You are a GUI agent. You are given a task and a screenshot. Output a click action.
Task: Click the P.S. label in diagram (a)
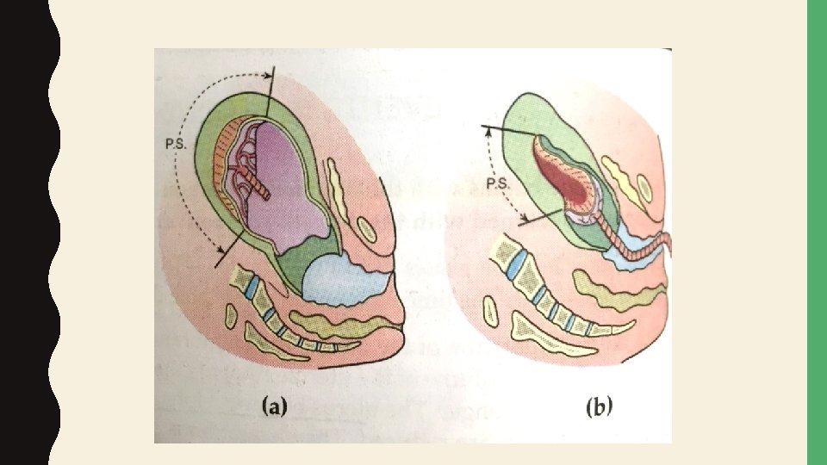177,144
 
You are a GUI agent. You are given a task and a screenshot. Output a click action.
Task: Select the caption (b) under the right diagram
598,407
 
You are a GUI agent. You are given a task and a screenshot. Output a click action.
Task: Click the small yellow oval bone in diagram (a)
365,230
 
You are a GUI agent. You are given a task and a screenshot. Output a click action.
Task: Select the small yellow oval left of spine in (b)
492,311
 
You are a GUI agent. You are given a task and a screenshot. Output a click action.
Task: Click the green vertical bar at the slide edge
816,232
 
